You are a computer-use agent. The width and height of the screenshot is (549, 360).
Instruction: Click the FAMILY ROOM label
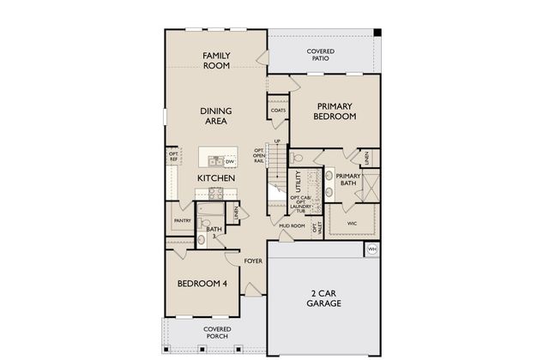tap(216, 60)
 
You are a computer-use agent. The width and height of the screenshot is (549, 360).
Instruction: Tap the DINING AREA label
tap(216, 116)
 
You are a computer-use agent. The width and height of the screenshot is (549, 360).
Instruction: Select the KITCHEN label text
tap(216, 177)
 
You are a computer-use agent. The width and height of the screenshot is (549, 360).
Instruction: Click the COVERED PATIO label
tap(321, 55)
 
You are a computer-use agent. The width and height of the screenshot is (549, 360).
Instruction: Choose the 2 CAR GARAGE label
tap(324, 297)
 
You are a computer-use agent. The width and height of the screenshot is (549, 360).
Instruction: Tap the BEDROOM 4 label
tap(202, 285)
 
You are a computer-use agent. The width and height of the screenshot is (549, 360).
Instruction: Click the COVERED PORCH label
tap(216, 333)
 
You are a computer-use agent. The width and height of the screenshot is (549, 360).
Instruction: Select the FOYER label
tap(253, 261)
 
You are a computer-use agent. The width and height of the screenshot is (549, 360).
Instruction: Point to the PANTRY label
tap(182, 220)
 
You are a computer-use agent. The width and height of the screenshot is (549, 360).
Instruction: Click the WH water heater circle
tap(372, 249)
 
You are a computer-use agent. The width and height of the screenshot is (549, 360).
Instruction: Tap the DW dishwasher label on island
tap(230, 160)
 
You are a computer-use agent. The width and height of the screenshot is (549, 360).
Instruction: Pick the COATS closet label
tap(278, 110)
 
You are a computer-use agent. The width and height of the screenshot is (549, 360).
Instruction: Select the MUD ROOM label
tap(292, 226)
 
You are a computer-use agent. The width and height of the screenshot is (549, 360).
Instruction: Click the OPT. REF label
tap(172, 158)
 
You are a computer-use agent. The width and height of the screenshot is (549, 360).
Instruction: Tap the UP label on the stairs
tap(277, 141)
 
